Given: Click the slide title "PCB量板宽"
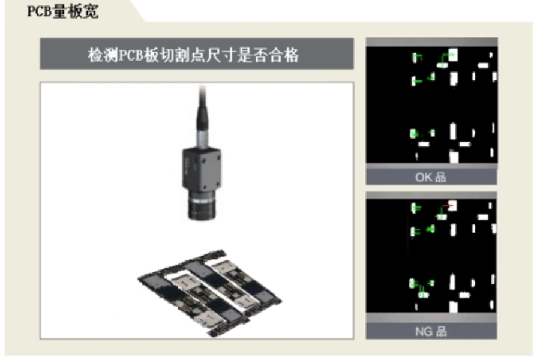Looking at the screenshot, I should (62, 12).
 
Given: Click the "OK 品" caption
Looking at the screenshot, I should (431, 177).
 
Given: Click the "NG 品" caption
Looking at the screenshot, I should (431, 331).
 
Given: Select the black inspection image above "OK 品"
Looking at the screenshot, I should (431, 104).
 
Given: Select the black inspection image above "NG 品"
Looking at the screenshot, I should (431, 256).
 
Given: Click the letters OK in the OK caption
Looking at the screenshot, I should (424, 177).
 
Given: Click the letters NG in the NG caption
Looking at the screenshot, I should (424, 331).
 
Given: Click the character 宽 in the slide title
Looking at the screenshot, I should (90, 12).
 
